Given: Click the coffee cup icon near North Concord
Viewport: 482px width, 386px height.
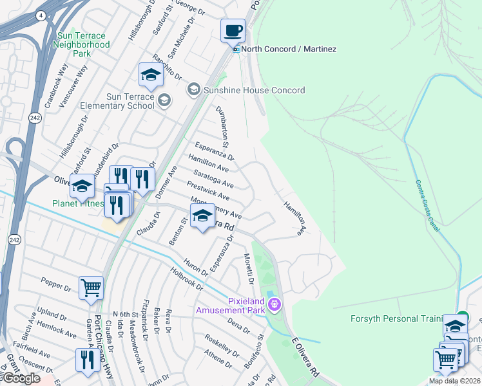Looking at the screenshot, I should pyautogui.click(x=233, y=30).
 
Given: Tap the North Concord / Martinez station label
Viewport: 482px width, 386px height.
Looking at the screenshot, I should pyautogui.click(x=289, y=49).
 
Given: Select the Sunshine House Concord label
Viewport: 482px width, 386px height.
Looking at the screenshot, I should pyautogui.click(x=254, y=90).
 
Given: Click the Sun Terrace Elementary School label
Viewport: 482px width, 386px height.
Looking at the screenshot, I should pyautogui.click(x=117, y=101).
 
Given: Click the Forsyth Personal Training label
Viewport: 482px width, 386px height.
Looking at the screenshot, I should pyautogui.click(x=396, y=319).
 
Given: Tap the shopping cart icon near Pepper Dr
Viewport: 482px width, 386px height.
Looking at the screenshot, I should pyautogui.click(x=91, y=288).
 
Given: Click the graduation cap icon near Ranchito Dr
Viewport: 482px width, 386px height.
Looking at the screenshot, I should pyautogui.click(x=151, y=75).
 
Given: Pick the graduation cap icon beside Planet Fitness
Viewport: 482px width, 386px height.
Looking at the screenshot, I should pyautogui.click(x=82, y=187).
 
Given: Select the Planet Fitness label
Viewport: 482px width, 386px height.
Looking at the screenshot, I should pyautogui.click(x=78, y=204).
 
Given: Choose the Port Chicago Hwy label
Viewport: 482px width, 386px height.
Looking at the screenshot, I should pyautogui.click(x=99, y=344).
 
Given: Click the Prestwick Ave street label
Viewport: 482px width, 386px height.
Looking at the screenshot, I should pyautogui.click(x=208, y=190).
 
